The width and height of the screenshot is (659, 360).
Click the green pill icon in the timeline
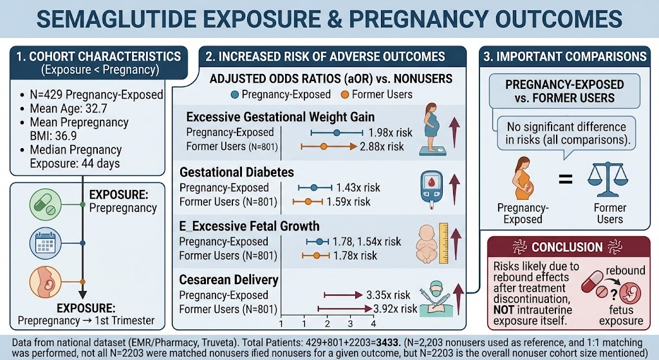46,205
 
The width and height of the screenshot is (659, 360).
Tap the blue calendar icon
46,243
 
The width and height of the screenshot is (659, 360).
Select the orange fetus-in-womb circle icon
46,282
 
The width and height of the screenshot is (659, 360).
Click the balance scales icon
608,180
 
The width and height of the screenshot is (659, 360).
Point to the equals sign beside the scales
565,180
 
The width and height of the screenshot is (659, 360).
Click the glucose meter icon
432,190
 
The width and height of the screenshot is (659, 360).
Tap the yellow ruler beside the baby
443,243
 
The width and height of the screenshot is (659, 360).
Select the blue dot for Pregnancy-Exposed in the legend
235,95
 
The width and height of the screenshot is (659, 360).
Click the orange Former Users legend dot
345,95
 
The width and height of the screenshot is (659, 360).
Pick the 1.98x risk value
391,133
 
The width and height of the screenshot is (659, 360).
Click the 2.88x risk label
382,147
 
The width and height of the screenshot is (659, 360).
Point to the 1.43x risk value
358,187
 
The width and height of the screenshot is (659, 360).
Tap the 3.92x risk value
396,308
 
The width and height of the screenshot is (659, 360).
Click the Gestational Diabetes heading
237,172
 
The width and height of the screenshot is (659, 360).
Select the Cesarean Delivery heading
228,279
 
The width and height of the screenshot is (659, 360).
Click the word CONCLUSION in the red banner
567,247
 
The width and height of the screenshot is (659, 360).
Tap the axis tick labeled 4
373,324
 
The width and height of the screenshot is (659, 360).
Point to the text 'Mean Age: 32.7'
68,108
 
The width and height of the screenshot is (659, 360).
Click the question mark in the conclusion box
613,295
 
